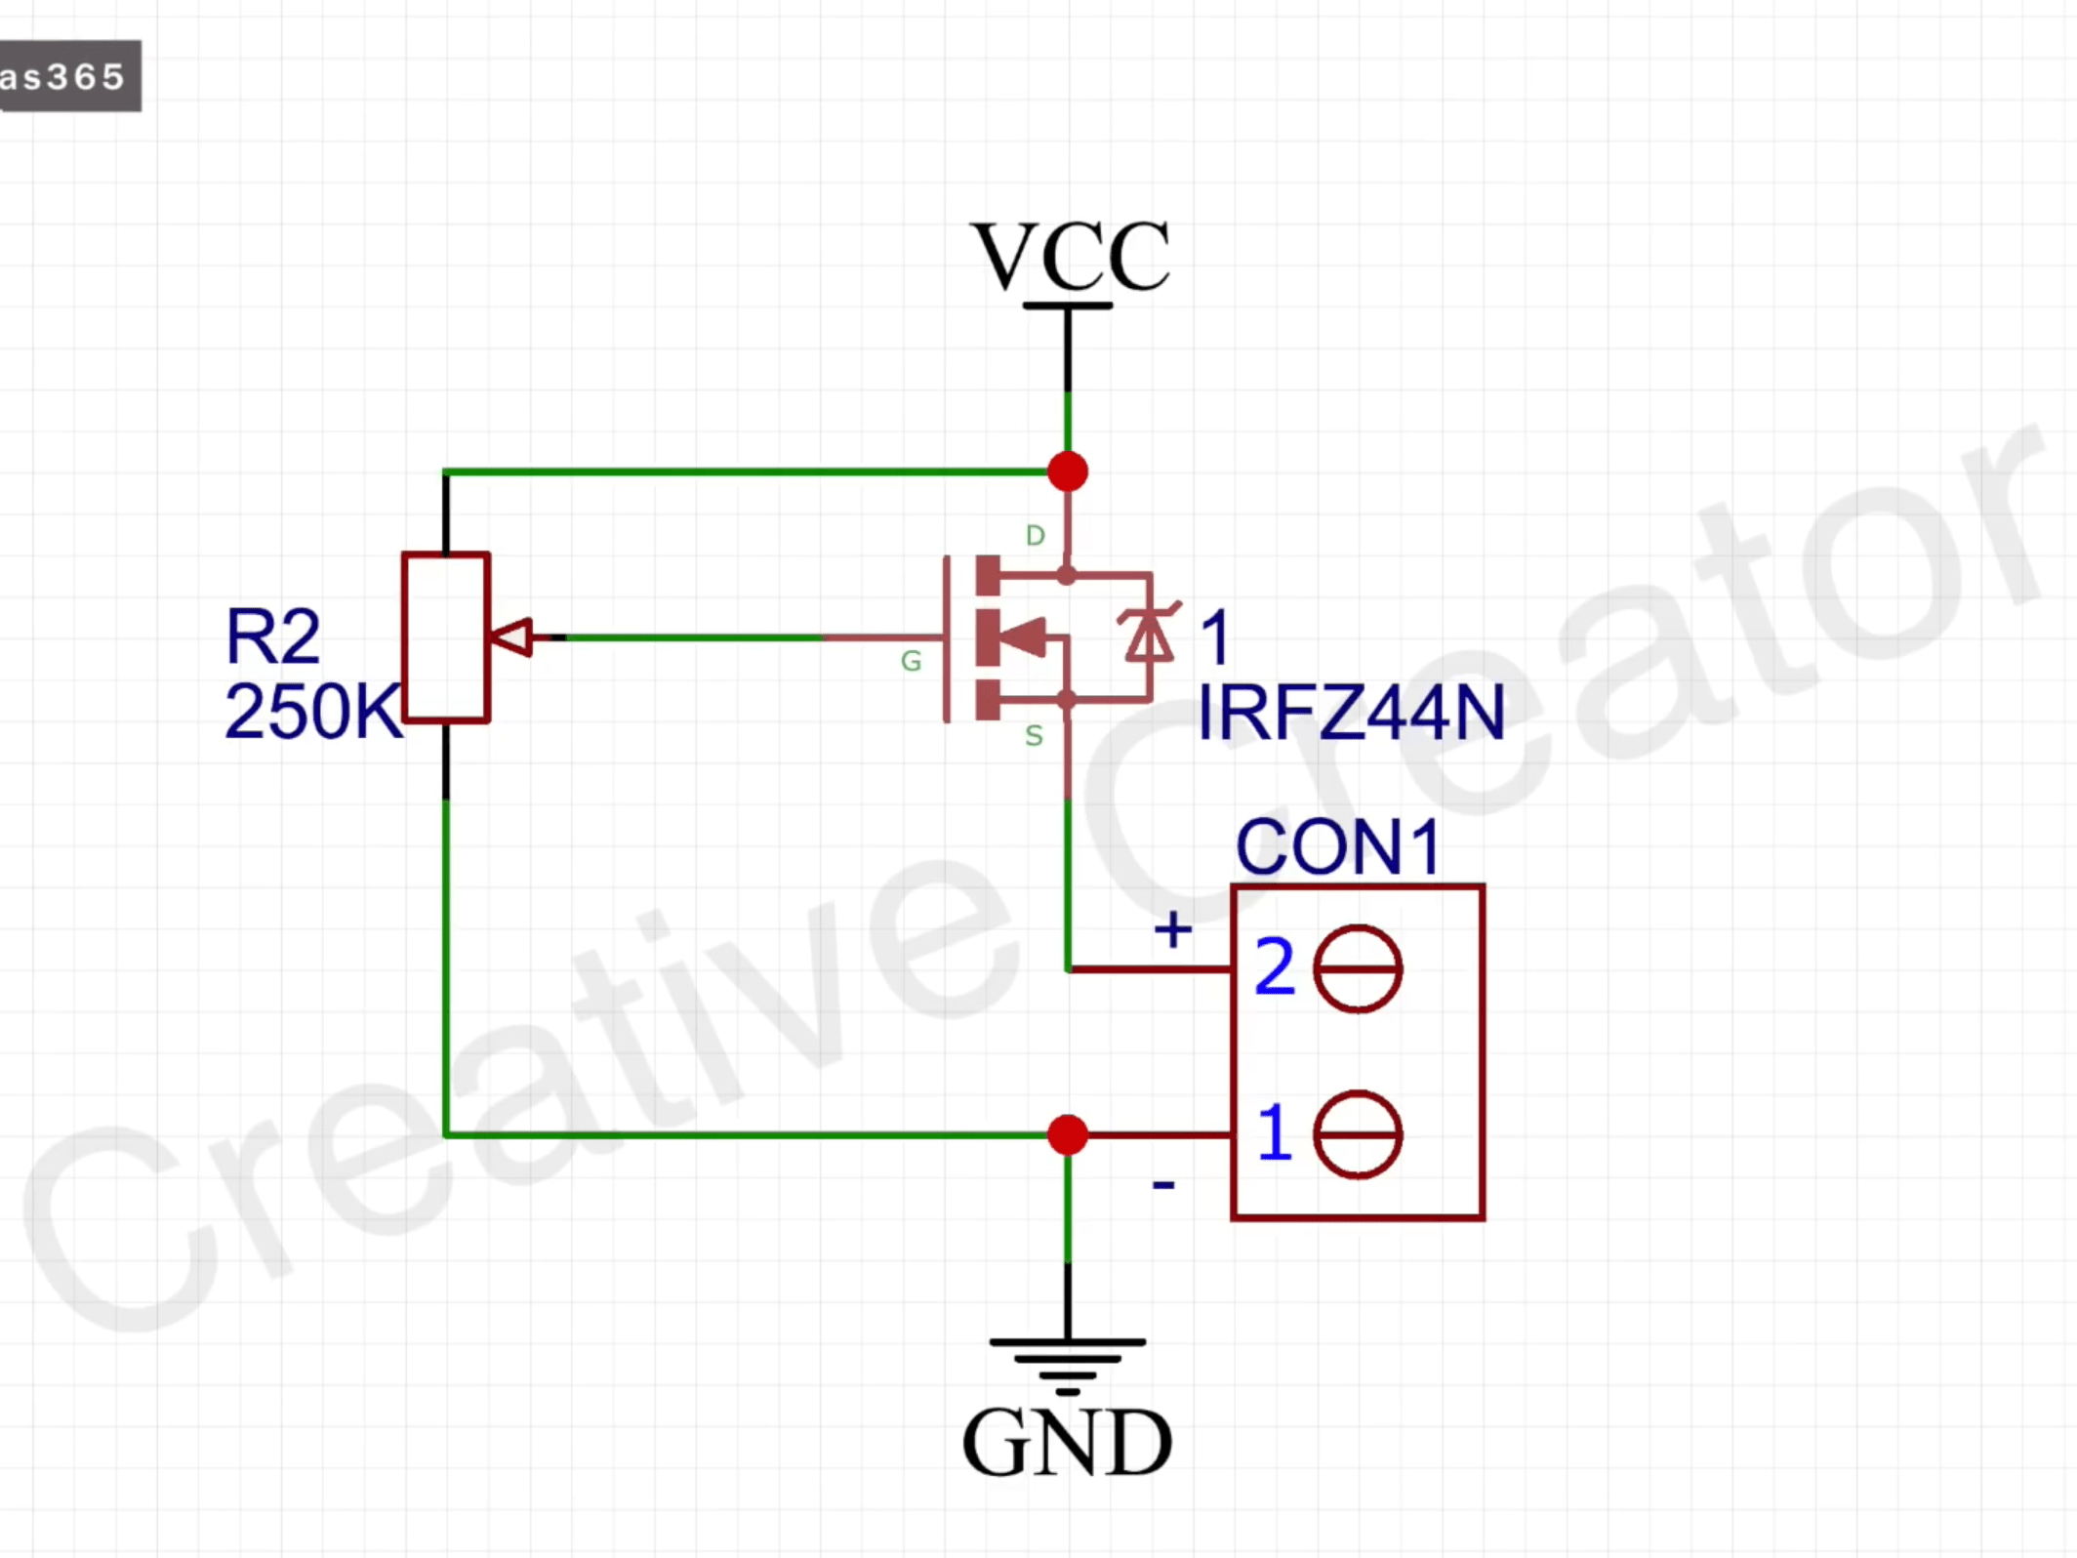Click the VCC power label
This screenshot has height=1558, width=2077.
click(x=1070, y=256)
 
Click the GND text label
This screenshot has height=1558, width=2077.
click(x=1067, y=1443)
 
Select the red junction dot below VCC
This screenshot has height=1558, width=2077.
click(x=1068, y=471)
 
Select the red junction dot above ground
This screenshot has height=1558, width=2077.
click(x=1068, y=1135)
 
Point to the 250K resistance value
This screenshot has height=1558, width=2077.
click(x=312, y=712)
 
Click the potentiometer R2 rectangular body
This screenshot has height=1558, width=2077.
click(x=446, y=637)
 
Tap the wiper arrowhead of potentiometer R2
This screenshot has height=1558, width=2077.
click(x=511, y=637)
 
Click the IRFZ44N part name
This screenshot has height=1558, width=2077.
click(x=1351, y=713)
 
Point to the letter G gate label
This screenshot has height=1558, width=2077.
click(x=911, y=662)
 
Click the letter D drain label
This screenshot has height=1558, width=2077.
click(x=1036, y=536)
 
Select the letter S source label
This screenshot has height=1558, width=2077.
click(x=1034, y=736)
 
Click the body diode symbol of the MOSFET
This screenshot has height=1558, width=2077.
click(x=1150, y=635)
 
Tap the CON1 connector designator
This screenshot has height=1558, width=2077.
click(x=1338, y=846)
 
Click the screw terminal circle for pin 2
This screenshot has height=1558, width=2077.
click(x=1358, y=968)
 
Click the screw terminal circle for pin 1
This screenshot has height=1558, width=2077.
click(x=1358, y=1135)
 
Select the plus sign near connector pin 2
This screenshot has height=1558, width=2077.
click(x=1172, y=929)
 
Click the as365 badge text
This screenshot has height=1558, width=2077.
click(x=63, y=76)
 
